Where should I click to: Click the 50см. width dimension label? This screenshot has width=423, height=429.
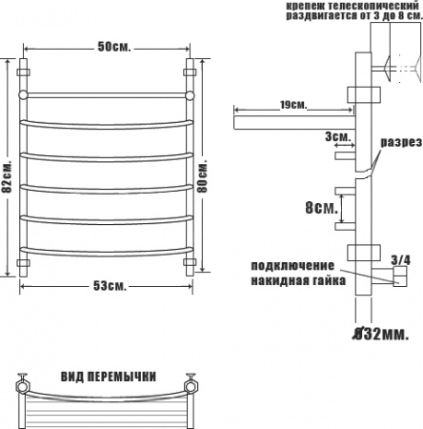[x=114, y=47]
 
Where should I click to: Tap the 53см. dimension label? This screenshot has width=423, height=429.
[x=110, y=286]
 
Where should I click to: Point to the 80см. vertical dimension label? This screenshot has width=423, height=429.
[x=202, y=176]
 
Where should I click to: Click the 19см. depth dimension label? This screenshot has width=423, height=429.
[x=293, y=105]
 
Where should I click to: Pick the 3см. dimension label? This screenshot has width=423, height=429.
[x=338, y=137]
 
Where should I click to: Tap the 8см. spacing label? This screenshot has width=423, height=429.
[x=321, y=208]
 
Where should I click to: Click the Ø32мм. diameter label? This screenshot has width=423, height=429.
[x=381, y=334]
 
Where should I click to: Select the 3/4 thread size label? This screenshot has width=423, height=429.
[x=401, y=260]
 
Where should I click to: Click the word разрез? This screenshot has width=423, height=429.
[x=401, y=142]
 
